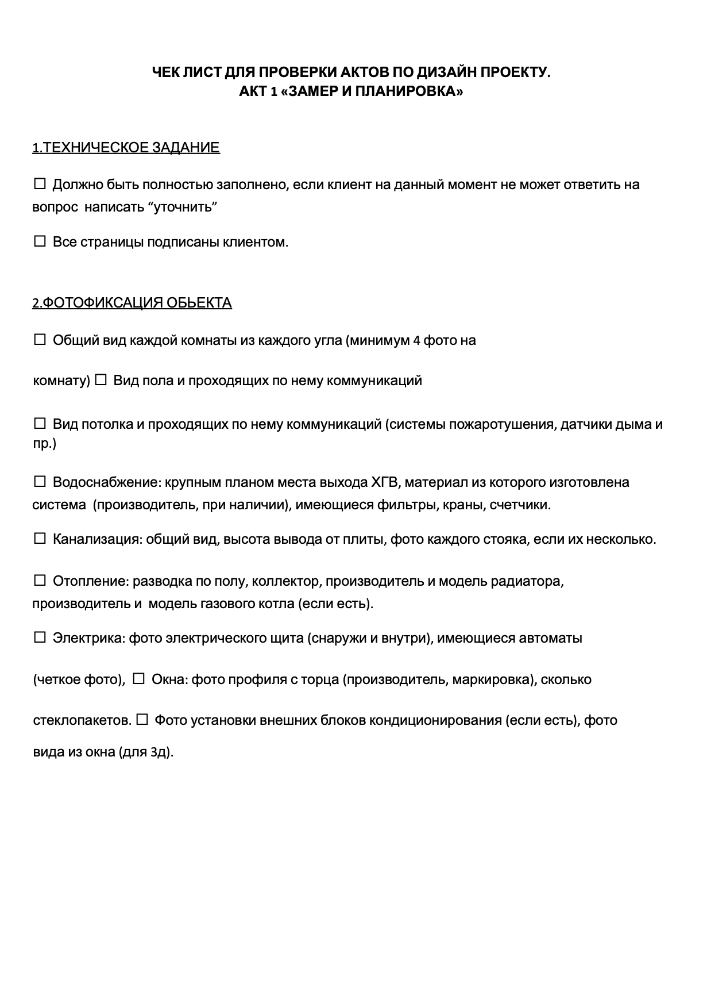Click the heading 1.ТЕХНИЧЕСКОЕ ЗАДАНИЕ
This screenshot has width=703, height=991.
click(x=126, y=148)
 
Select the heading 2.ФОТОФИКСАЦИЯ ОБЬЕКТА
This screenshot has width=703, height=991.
click(x=132, y=303)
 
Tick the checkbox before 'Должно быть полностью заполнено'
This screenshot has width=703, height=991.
click(x=40, y=185)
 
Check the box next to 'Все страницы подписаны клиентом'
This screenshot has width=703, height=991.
click(x=40, y=242)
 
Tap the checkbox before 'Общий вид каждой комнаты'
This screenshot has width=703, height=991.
click(x=40, y=340)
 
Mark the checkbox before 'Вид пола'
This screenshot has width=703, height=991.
click(x=101, y=381)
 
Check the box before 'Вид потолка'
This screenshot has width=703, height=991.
click(x=40, y=424)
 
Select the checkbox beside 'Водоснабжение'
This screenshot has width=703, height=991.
click(x=40, y=482)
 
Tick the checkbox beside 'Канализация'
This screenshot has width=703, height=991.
click(x=40, y=539)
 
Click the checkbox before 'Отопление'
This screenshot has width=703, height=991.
click(x=40, y=581)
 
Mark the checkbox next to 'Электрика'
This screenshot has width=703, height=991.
click(x=40, y=638)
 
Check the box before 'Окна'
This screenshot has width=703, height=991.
click(x=138, y=679)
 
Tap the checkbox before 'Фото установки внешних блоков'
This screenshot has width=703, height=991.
click(x=142, y=720)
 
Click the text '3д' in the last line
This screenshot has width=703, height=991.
click(x=159, y=752)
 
